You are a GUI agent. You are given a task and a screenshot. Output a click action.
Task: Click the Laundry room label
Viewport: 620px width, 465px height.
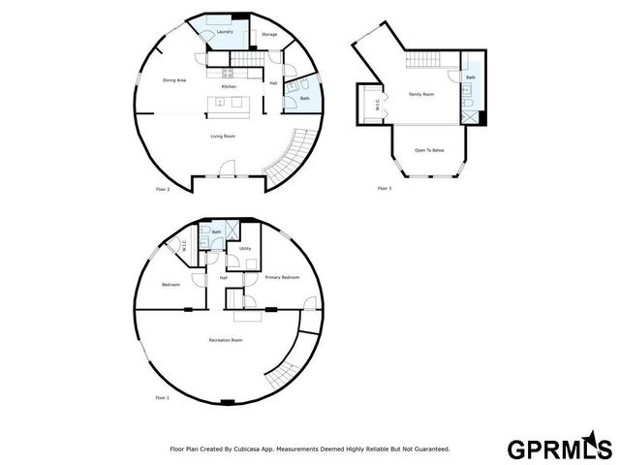225,32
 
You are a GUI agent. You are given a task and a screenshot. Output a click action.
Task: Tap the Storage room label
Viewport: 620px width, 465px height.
269,35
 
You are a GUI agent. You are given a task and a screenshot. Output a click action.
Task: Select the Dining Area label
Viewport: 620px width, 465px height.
174,80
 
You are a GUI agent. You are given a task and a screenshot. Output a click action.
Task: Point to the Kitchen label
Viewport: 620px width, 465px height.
229,87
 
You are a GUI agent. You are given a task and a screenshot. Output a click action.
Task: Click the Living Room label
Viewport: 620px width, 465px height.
223,137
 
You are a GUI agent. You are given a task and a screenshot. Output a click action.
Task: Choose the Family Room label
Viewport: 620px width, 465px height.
420,94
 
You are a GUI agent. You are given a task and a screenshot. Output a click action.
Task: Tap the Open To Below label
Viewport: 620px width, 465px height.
429,150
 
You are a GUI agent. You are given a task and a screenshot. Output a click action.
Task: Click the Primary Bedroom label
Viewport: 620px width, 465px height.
282,278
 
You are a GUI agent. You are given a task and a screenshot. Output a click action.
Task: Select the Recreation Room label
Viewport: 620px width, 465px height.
225,340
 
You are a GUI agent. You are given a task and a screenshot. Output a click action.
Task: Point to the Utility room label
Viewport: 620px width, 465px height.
245,249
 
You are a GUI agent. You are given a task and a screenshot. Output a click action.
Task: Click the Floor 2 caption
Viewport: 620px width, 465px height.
163,189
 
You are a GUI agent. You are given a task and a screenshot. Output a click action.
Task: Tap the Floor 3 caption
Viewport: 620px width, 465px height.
385,188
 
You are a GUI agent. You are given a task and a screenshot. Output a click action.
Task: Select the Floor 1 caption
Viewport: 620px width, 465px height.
162,398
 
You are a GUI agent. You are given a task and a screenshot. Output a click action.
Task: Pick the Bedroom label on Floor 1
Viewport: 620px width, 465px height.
171,285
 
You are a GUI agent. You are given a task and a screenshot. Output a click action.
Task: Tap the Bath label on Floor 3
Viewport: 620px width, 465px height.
470,77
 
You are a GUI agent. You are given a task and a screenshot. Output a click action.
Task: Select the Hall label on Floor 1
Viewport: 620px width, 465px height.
223,278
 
